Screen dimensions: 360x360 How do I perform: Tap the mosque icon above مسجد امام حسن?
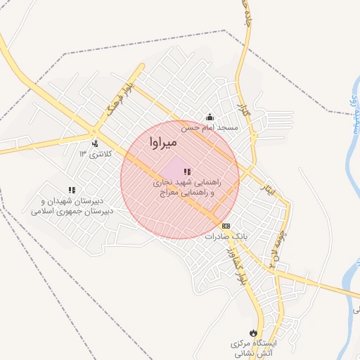click(209, 117)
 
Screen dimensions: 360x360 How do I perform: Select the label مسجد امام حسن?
click(211, 128)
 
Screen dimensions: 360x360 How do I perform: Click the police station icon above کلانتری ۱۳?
click(95, 143)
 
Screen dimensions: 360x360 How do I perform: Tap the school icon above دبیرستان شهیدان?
click(72, 189)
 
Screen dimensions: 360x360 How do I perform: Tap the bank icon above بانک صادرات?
click(226, 226)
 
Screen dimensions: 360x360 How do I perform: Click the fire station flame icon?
click(252, 331)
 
